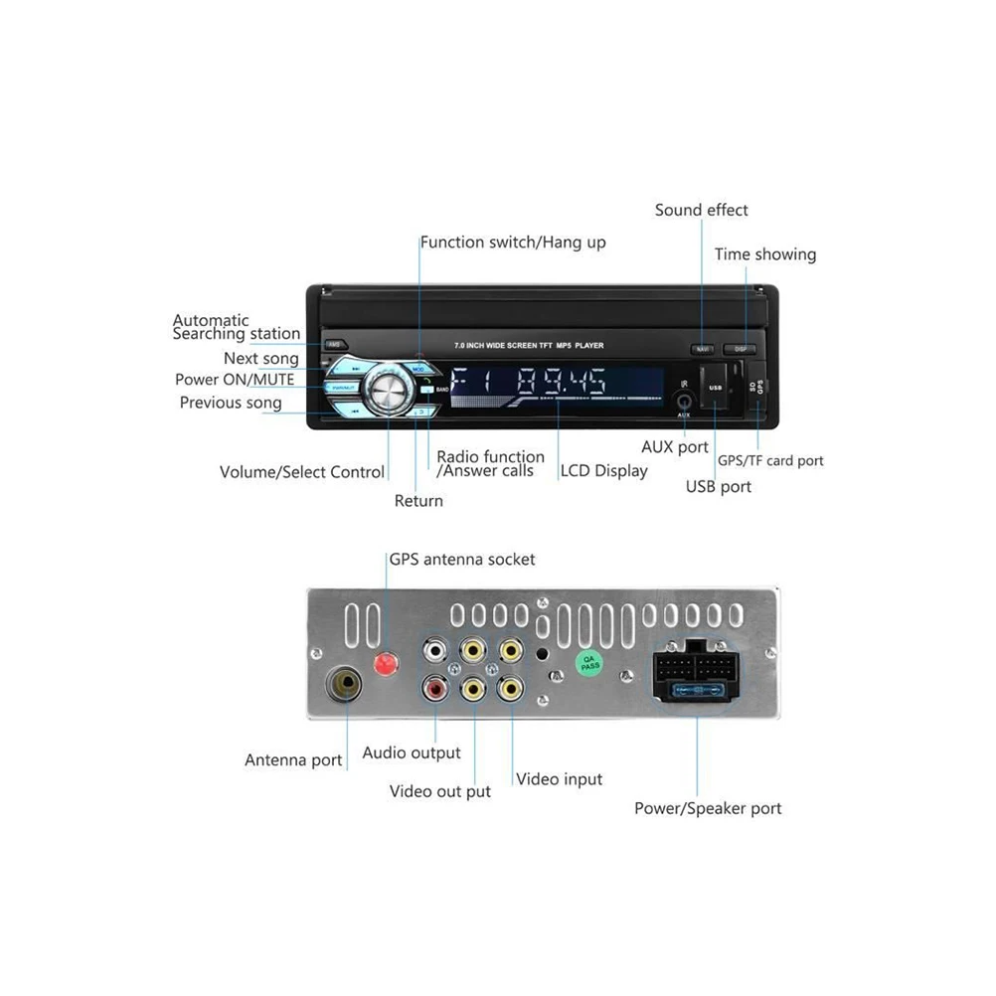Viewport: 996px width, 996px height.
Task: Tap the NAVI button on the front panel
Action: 703,349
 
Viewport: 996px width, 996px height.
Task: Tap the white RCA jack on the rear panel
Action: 434,652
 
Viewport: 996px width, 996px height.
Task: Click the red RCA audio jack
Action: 434,687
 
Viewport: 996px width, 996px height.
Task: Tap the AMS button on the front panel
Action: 334,344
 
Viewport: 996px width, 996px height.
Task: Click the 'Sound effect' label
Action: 701,210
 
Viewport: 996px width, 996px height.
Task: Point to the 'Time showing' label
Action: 764,254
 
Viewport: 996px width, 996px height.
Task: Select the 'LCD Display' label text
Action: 603,470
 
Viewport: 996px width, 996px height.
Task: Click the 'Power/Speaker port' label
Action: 708,808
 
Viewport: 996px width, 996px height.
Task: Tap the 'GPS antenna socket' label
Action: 462,560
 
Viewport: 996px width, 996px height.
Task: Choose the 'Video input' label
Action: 559,779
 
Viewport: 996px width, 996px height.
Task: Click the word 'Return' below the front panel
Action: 418,500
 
